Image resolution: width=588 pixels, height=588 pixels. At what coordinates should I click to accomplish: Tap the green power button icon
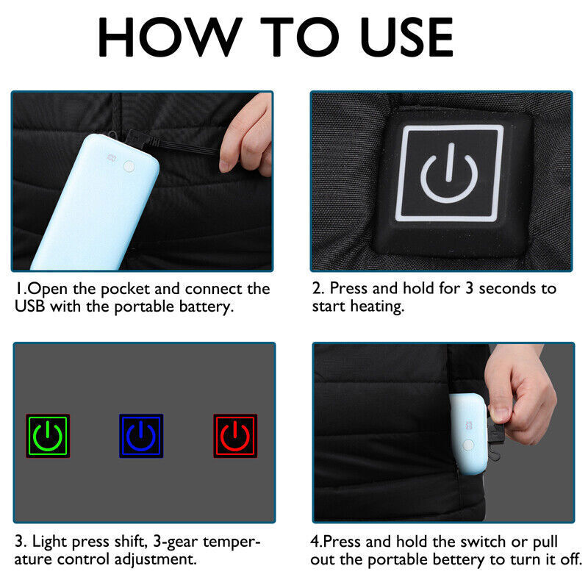click(48, 436)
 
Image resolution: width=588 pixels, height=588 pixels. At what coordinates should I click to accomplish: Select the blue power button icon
click(141, 436)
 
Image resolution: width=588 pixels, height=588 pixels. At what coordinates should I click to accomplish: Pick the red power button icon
click(235, 436)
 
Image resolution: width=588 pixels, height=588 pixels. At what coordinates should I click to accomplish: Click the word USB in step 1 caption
click(32, 306)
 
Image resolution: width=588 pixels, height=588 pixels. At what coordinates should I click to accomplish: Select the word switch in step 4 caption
click(476, 542)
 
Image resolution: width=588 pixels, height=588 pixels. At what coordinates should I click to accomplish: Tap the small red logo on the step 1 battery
click(113, 155)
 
